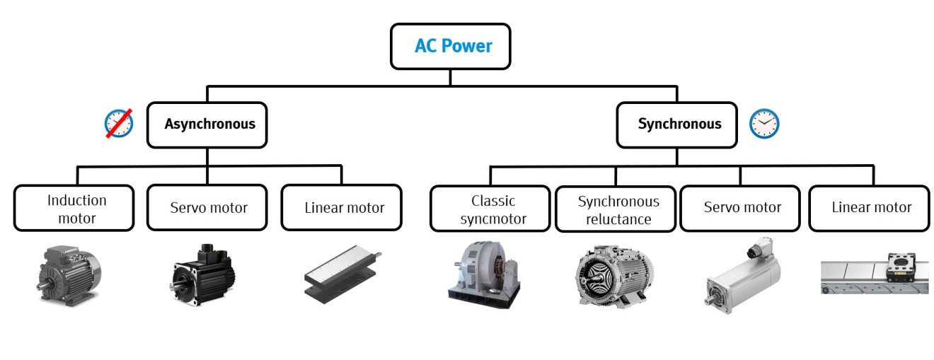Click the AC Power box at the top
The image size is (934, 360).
click(x=450, y=47)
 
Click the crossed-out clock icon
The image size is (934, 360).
click(x=119, y=124)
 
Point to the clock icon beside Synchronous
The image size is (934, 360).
click(x=764, y=124)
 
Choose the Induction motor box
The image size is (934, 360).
click(x=74, y=209)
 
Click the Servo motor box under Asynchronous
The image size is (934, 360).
click(x=207, y=208)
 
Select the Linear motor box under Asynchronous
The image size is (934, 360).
click(x=341, y=208)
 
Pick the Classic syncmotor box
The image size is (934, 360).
click(x=490, y=209)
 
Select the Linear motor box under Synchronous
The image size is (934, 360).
click(x=870, y=208)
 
